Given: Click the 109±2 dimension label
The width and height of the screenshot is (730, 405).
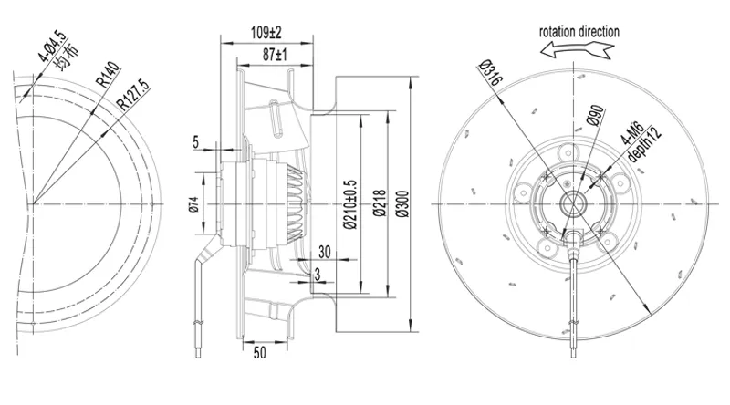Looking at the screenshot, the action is (266, 33).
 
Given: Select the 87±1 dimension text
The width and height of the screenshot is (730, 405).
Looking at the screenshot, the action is (275, 55).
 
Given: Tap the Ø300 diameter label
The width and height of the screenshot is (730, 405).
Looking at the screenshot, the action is (402, 204).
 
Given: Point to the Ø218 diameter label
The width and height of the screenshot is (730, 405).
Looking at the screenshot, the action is (380, 203).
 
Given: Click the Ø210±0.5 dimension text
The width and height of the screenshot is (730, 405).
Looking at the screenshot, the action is (350, 204).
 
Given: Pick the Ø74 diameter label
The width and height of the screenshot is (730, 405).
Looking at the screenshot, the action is (194, 204).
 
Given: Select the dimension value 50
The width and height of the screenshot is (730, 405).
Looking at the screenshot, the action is (260, 352).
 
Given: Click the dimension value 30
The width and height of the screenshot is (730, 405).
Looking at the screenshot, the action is (325, 252).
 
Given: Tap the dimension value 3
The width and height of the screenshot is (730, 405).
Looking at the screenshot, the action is (318, 275).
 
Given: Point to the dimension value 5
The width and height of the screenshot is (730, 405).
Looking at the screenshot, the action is (195, 142).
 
